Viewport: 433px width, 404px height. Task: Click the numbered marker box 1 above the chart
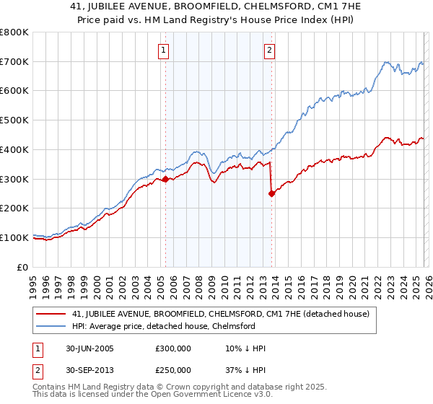165,50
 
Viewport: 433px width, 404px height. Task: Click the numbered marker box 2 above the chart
269,50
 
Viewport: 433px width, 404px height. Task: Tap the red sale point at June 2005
165,179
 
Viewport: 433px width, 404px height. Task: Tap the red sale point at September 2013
271,193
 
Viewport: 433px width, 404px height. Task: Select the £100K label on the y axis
14,237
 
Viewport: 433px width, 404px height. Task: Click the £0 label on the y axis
23,267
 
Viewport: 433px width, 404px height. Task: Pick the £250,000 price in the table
172,370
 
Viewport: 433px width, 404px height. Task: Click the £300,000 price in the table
172,348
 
